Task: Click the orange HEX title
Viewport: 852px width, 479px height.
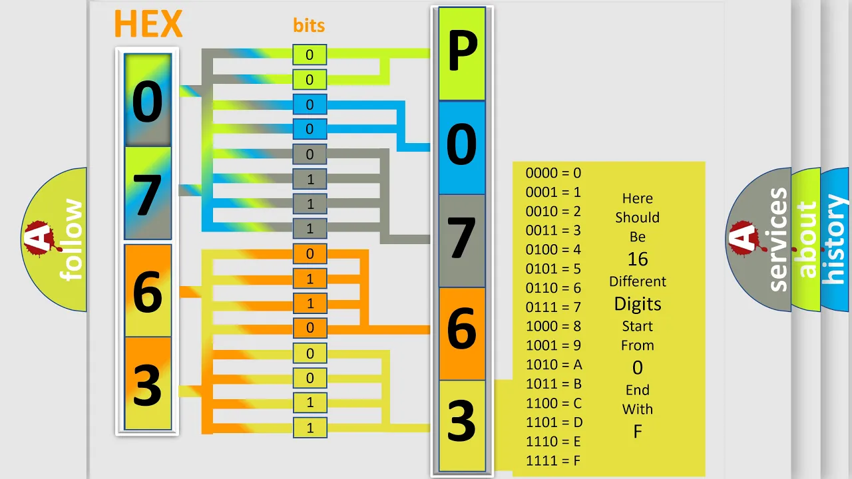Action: (x=148, y=23)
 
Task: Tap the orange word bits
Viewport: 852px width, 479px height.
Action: (x=309, y=25)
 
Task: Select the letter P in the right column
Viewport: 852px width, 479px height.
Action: (x=462, y=54)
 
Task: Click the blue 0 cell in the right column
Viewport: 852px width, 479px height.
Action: (x=462, y=148)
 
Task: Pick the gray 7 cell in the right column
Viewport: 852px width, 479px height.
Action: (x=462, y=241)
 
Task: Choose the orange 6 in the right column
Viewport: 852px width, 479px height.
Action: (x=462, y=334)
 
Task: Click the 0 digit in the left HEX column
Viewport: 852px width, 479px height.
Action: (x=148, y=101)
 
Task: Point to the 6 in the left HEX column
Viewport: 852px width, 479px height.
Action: (x=148, y=291)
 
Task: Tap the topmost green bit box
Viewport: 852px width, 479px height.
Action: (x=310, y=55)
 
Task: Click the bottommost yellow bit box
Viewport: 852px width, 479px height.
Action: (x=310, y=428)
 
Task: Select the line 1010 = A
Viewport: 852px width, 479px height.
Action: (x=554, y=365)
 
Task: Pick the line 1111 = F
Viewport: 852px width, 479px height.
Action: (x=553, y=461)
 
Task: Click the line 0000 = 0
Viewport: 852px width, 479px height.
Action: (x=553, y=173)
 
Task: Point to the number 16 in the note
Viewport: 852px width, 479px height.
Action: (x=638, y=259)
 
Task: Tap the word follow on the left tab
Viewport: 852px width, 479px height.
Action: (x=71, y=240)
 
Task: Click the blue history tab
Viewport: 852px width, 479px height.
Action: (x=837, y=239)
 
